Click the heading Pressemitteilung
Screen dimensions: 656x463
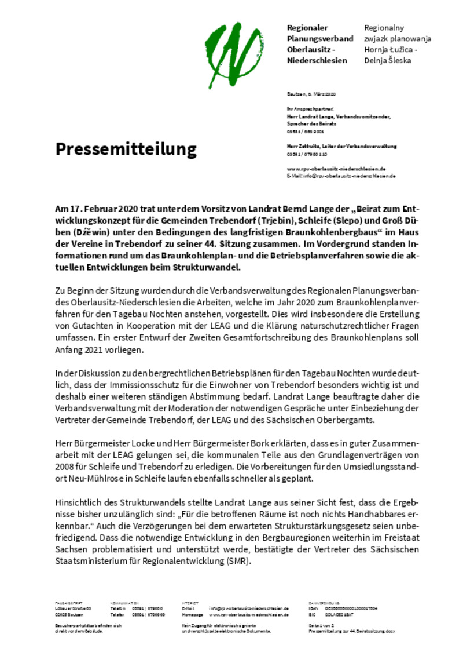126,150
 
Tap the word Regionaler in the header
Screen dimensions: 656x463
307,28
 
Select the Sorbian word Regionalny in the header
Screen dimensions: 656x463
384,28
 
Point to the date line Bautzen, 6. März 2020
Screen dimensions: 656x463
311,94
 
